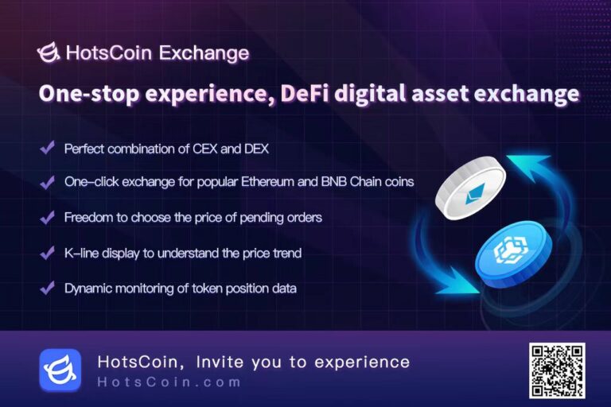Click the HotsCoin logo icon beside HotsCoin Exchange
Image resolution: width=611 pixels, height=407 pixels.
pyautogui.click(x=49, y=53)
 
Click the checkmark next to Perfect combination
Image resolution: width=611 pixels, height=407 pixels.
pyautogui.click(x=47, y=148)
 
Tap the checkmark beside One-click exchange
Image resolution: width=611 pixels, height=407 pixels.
pyautogui.click(x=47, y=182)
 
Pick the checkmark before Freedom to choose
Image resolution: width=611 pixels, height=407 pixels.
pyautogui.click(x=47, y=217)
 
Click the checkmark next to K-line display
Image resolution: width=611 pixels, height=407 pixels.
pyautogui.click(x=47, y=253)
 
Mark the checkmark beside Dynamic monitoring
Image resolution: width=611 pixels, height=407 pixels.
pyautogui.click(x=47, y=288)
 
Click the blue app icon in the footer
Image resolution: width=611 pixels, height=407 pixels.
pyautogui.click(x=60, y=370)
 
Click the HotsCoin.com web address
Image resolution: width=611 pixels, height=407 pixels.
pyautogui.click(x=169, y=382)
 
